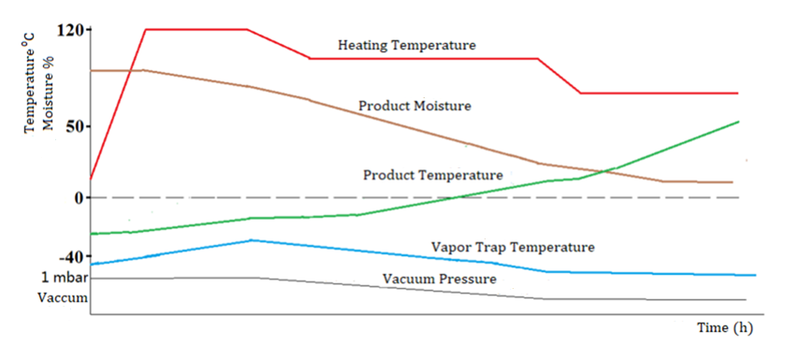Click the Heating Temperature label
tap(406, 45)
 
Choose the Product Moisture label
tap(414, 106)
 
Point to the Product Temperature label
tap(432, 175)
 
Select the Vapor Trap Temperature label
tap(513, 247)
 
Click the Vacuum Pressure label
tap(439, 279)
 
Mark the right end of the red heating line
tap(738, 94)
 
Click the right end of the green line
tap(739, 122)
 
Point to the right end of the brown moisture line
tap(733, 182)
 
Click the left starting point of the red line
tap(91, 178)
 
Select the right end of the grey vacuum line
tap(746, 299)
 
